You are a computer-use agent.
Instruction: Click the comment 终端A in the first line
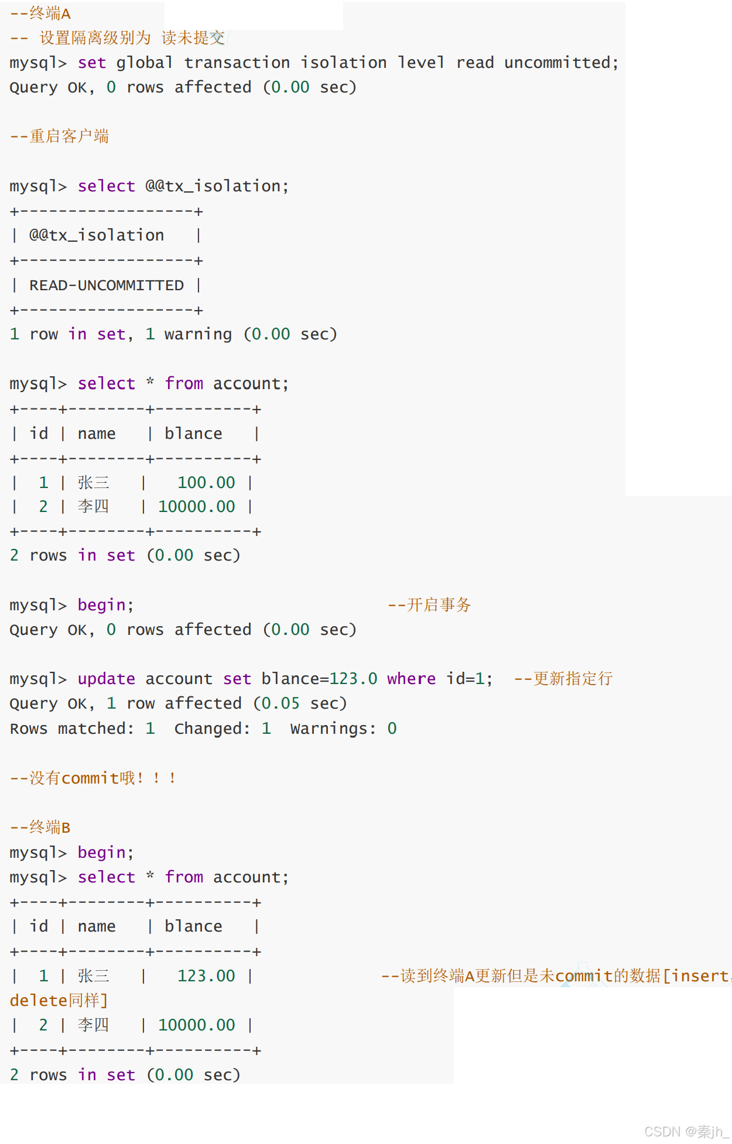(50, 13)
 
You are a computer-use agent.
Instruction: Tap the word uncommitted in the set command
(561, 63)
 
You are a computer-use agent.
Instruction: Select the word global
(144, 63)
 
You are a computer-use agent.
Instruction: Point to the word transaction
(237, 63)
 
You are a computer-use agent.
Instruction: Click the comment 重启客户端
(69, 136)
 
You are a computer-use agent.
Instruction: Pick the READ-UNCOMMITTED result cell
(107, 286)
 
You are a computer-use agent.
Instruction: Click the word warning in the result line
(198, 334)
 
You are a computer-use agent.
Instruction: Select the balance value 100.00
(206, 483)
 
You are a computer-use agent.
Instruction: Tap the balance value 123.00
(206, 976)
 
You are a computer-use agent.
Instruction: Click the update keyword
(106, 679)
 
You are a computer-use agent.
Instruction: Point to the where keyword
(411, 679)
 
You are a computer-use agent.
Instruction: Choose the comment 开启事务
(439, 605)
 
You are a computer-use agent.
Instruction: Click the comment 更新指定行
(573, 679)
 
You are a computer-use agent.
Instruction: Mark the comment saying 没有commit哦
(94, 778)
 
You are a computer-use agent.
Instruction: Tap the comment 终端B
(50, 827)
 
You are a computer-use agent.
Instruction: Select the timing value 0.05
(281, 703)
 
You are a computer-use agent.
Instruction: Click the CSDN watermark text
(685, 1132)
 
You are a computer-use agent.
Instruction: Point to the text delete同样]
(59, 1001)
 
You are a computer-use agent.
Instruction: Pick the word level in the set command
(421, 63)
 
